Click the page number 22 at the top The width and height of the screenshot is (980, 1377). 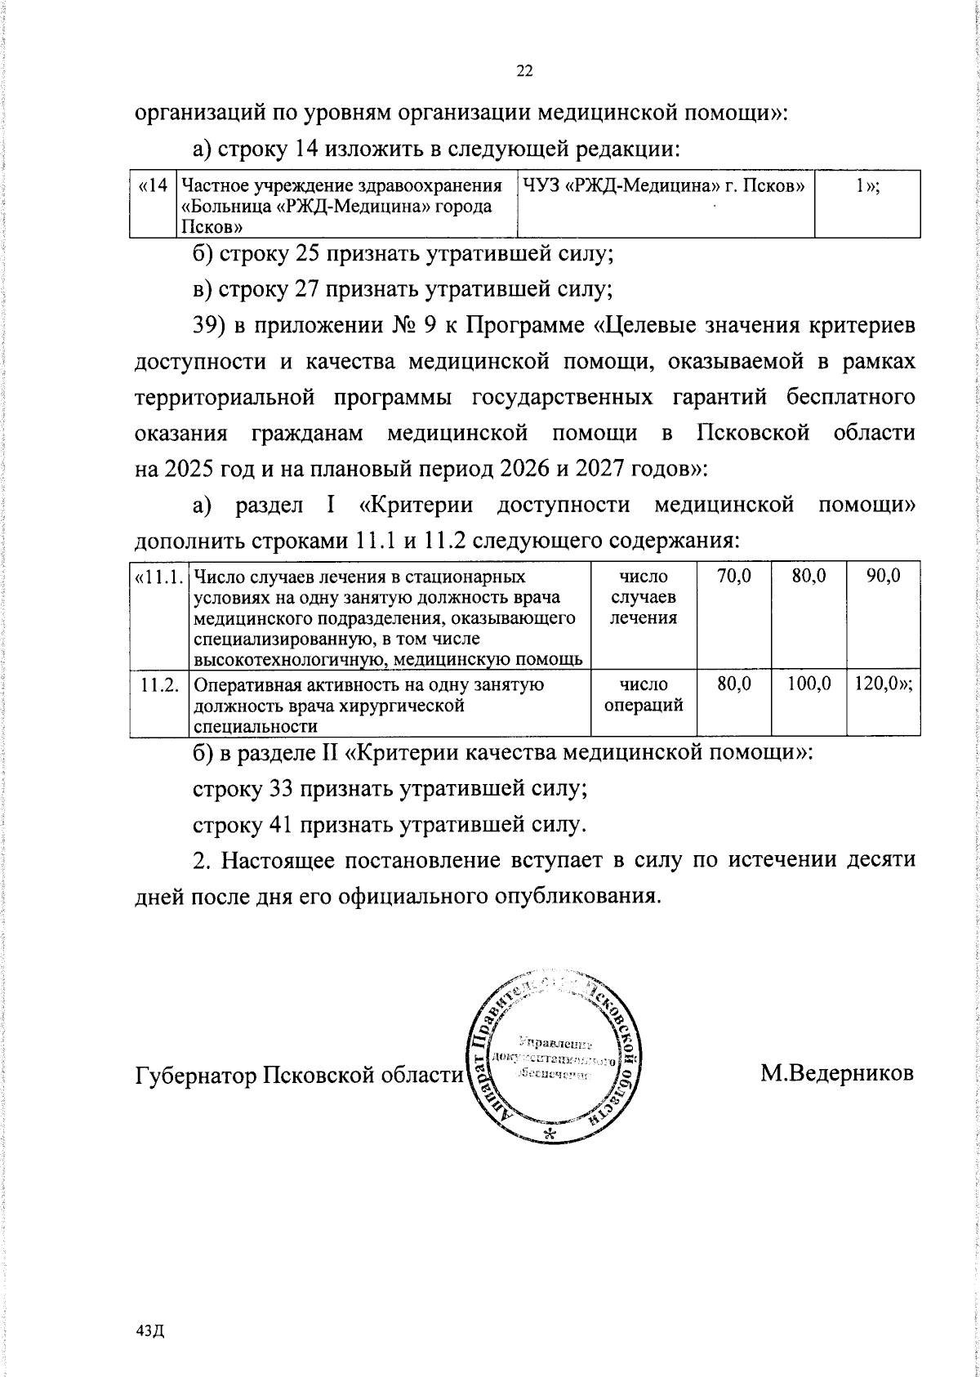point(524,71)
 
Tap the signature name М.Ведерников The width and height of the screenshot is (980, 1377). point(837,1072)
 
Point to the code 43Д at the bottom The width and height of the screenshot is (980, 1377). point(152,1331)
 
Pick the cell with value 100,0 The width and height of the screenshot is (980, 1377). point(809,685)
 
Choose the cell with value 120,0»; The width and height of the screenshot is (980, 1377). point(884,685)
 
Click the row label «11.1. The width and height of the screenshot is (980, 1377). point(158,577)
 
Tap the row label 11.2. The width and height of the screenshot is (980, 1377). point(159,685)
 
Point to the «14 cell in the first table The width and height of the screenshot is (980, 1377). point(154,186)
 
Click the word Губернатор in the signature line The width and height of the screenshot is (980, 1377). point(195,1073)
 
